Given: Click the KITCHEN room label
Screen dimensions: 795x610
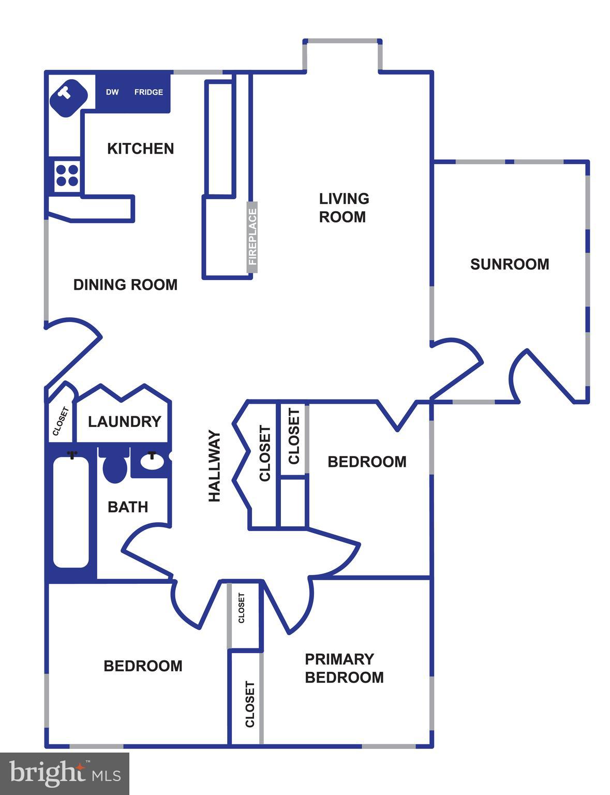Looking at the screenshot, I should tap(140, 149).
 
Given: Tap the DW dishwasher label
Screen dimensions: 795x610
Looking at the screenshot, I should tap(112, 92).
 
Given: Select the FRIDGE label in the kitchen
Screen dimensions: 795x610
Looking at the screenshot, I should tap(148, 92).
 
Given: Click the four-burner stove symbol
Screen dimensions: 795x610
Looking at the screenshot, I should tap(67, 175).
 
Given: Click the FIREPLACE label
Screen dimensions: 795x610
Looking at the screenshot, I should tap(252, 237).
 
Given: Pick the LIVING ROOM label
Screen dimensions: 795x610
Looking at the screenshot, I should tap(344, 208).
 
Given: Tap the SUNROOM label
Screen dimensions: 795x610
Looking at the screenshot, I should tap(510, 264).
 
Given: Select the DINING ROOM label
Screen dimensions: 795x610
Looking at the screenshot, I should tap(125, 285).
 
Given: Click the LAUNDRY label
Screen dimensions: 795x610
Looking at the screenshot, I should tap(124, 422).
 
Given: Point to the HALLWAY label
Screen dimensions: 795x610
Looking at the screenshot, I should tap(214, 466).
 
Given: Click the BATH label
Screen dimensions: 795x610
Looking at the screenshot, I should tap(128, 507).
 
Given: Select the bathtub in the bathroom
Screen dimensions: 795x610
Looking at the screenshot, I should tap(71, 511).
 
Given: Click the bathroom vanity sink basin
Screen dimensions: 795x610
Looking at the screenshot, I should tap(152, 462).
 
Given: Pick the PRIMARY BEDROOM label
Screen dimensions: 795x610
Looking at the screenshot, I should tap(344, 668).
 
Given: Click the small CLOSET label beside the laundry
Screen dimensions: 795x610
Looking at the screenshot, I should tap(61, 421).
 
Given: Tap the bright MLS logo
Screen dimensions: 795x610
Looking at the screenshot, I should tap(65, 774).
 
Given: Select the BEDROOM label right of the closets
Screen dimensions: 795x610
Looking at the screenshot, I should tap(367, 462).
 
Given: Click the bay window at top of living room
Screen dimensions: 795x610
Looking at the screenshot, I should tap(343, 41).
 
